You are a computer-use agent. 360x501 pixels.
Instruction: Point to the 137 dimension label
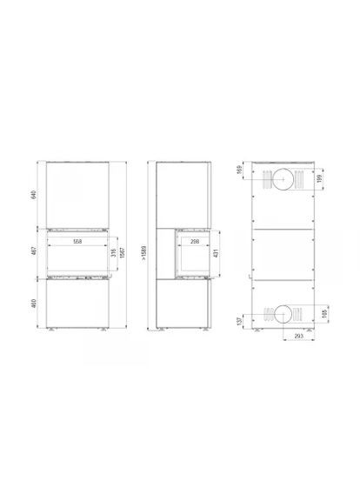pos(240,319)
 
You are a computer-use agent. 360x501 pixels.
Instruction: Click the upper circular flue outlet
pos(284,180)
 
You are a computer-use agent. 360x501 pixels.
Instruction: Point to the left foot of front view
pos(52,331)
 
